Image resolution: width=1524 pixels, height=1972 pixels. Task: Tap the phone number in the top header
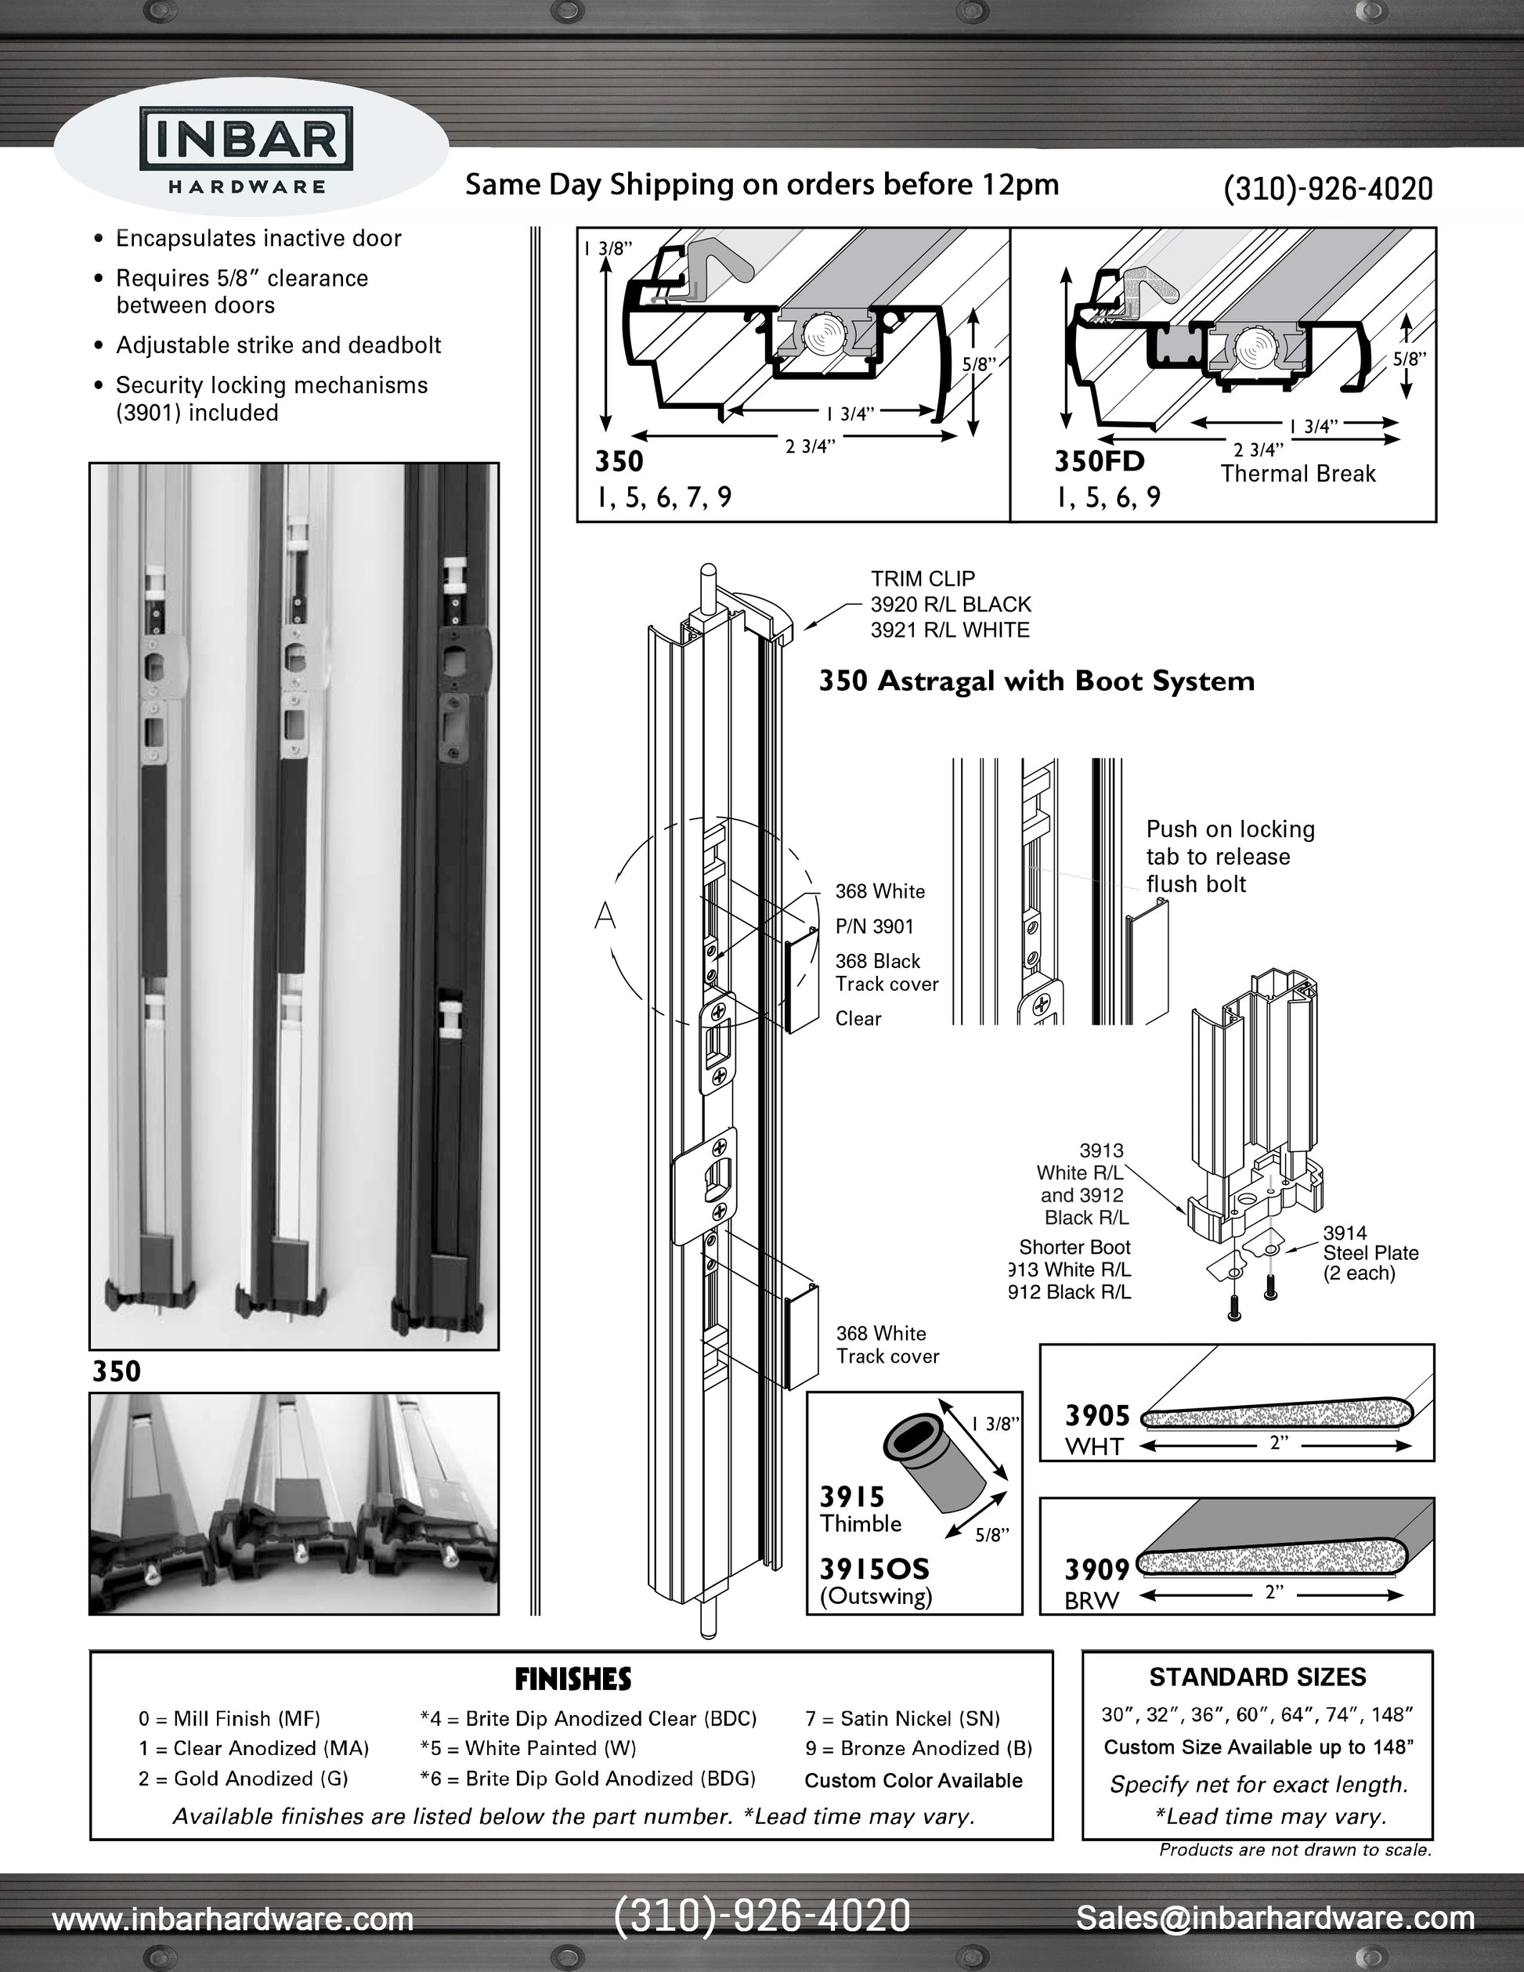click(x=1327, y=189)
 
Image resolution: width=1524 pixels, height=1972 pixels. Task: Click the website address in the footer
click(x=233, y=1918)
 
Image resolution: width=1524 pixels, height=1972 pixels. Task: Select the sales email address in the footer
click(x=1275, y=1917)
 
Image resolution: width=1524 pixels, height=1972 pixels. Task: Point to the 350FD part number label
click(x=1099, y=461)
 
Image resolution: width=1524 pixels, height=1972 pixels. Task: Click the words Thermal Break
click(x=1298, y=474)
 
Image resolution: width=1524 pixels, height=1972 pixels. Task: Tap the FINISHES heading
click(x=572, y=1679)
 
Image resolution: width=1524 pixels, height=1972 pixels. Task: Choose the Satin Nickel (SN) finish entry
click(x=902, y=1718)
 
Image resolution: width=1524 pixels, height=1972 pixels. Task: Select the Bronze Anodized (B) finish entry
click(x=918, y=1748)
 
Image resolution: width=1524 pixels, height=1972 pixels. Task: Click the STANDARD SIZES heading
click(x=1257, y=1677)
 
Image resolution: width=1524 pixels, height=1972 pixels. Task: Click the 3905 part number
click(x=1097, y=1415)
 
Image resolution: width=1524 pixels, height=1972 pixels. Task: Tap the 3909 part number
click(x=1097, y=1569)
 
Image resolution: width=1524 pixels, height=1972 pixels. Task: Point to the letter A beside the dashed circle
click(x=604, y=916)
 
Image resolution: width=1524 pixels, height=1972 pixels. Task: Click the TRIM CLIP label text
click(x=923, y=579)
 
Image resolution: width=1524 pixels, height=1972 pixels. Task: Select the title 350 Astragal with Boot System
click(x=1036, y=681)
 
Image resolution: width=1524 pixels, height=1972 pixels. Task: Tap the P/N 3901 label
click(x=874, y=926)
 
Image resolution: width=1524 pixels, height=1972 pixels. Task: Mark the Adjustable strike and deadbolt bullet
click(x=278, y=345)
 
